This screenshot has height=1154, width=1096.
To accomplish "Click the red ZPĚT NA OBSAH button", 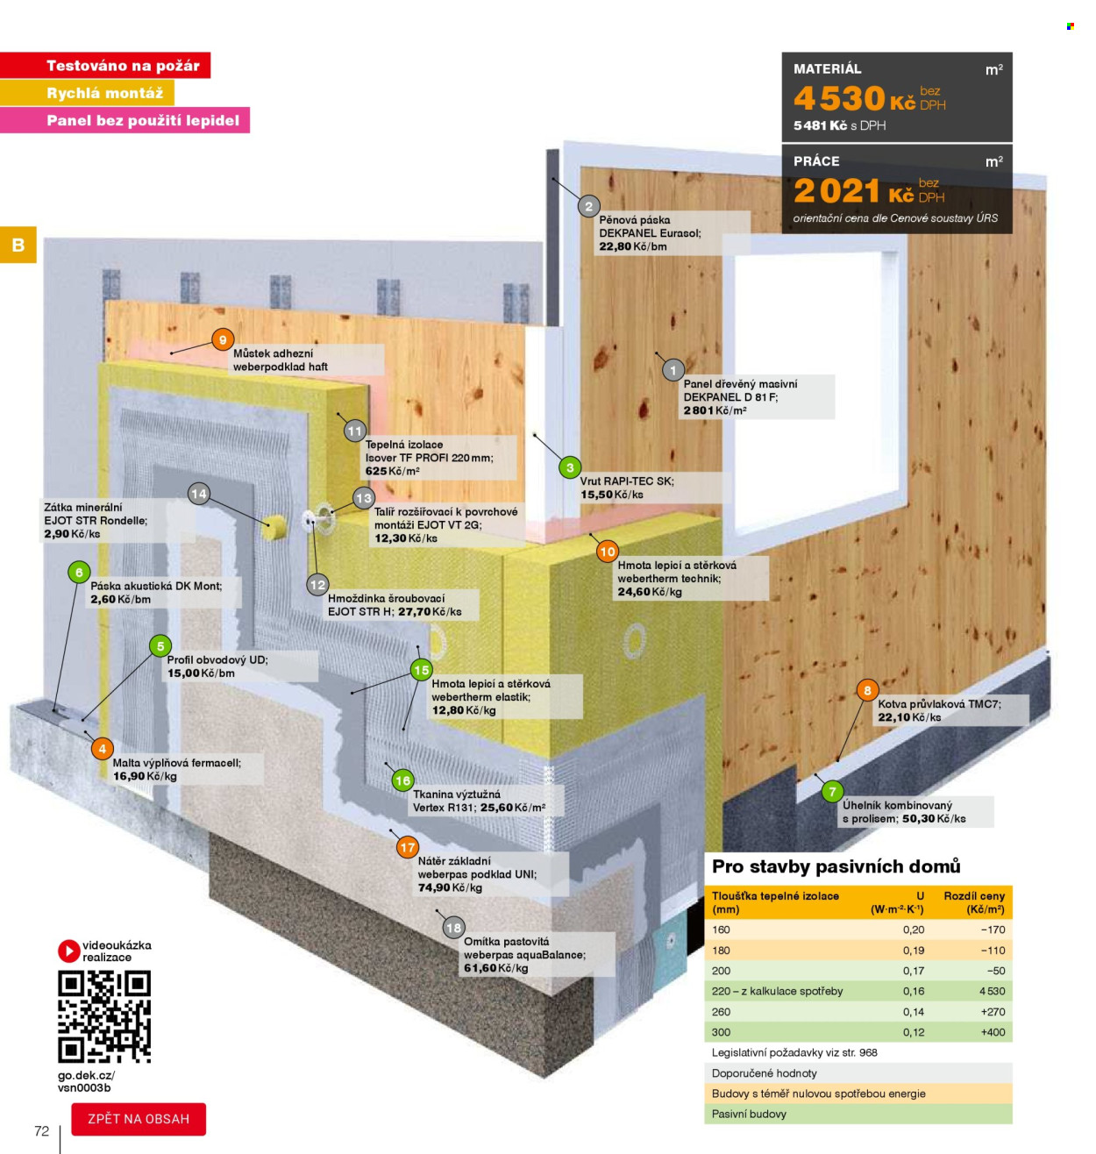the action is click(138, 1118).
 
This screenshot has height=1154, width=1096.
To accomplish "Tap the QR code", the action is click(104, 1016).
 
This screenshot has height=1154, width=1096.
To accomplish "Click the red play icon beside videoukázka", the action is click(68, 951).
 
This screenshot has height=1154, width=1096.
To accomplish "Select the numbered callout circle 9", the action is click(223, 339).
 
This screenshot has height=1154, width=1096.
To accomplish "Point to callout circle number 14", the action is click(199, 494).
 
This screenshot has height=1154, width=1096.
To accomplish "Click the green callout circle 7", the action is click(832, 791).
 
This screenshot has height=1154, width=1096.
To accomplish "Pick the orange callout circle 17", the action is click(407, 847).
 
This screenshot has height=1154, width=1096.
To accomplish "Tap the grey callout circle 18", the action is click(453, 928).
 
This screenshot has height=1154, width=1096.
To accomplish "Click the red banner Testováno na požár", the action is click(105, 65).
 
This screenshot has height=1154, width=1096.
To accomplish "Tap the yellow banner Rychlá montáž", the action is click(87, 93).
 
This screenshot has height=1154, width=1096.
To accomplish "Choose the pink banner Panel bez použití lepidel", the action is click(125, 120).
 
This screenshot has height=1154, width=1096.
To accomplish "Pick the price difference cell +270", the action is click(993, 1011).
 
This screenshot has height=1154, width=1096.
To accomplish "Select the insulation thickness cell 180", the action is click(721, 951).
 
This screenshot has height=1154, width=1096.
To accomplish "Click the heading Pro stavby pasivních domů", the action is click(836, 866).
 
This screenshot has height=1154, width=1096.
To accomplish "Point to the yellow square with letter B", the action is click(18, 244).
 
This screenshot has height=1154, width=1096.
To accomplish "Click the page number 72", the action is click(42, 1130).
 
